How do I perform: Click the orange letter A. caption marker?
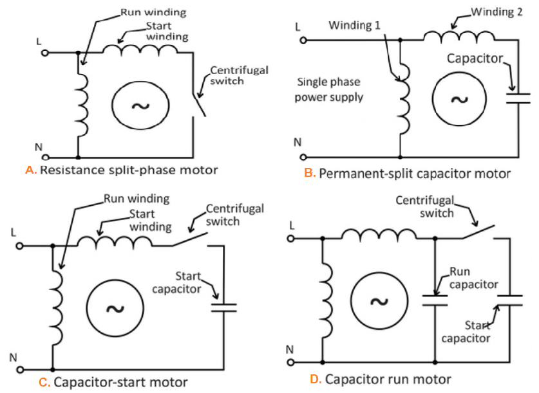coord(30,170)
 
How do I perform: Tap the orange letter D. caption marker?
coord(316,379)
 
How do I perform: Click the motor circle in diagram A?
coord(140,105)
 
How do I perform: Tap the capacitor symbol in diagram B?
coord(517,98)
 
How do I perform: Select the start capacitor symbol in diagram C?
coord(223,304)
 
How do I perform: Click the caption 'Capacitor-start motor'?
coord(120,383)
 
